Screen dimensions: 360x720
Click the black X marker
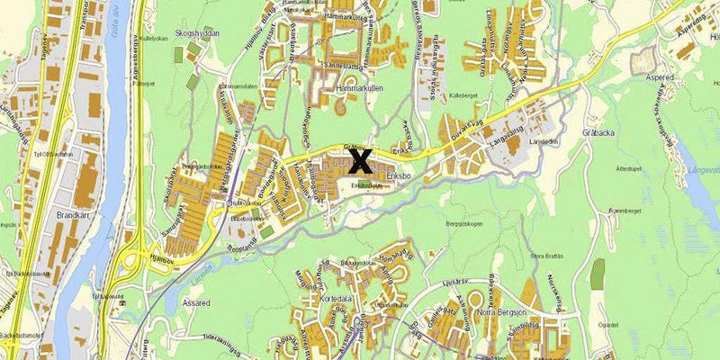pos(360,161)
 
